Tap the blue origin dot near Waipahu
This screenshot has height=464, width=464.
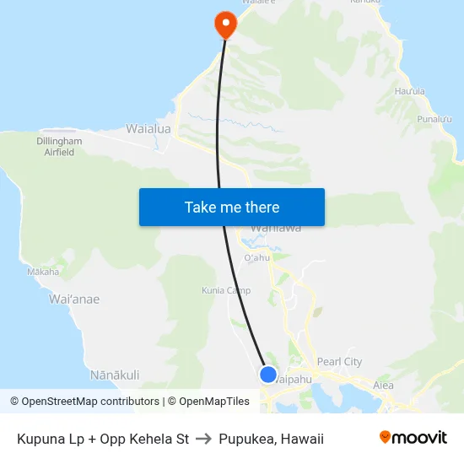[x=267, y=375]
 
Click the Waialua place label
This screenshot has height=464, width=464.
[x=148, y=129]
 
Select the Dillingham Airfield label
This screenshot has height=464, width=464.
[x=59, y=147]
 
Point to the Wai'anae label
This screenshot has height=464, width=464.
[x=74, y=299]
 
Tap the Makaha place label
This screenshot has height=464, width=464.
[x=43, y=272]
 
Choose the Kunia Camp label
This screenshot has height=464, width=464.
[x=226, y=291]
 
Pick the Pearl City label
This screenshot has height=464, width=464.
[x=339, y=362]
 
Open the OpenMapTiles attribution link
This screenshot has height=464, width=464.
[x=208, y=402]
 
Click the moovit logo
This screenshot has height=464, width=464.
[x=413, y=438]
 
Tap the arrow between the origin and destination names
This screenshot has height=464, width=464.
[x=203, y=439]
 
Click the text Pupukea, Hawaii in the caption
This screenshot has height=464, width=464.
[x=271, y=439]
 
